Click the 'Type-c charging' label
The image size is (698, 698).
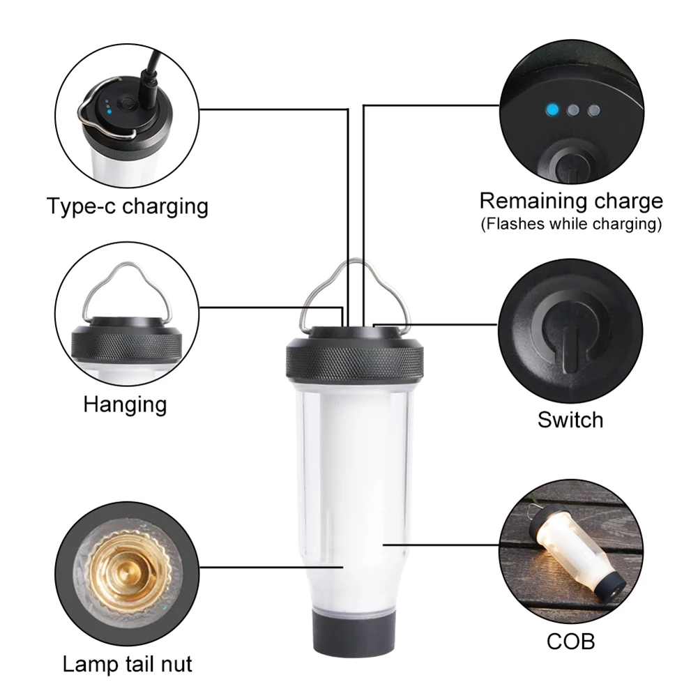tap(128, 206)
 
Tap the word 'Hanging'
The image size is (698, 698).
tap(125, 404)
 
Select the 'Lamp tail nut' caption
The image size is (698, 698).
tap(128, 663)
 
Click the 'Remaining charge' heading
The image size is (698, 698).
tap(570, 201)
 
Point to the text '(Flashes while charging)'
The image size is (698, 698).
tap(570, 225)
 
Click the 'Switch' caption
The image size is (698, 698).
tap(570, 419)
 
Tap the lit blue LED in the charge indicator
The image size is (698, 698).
tap(552, 109)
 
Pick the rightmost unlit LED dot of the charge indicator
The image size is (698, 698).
tap(594, 110)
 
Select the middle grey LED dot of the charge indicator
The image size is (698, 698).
tap(573, 109)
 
